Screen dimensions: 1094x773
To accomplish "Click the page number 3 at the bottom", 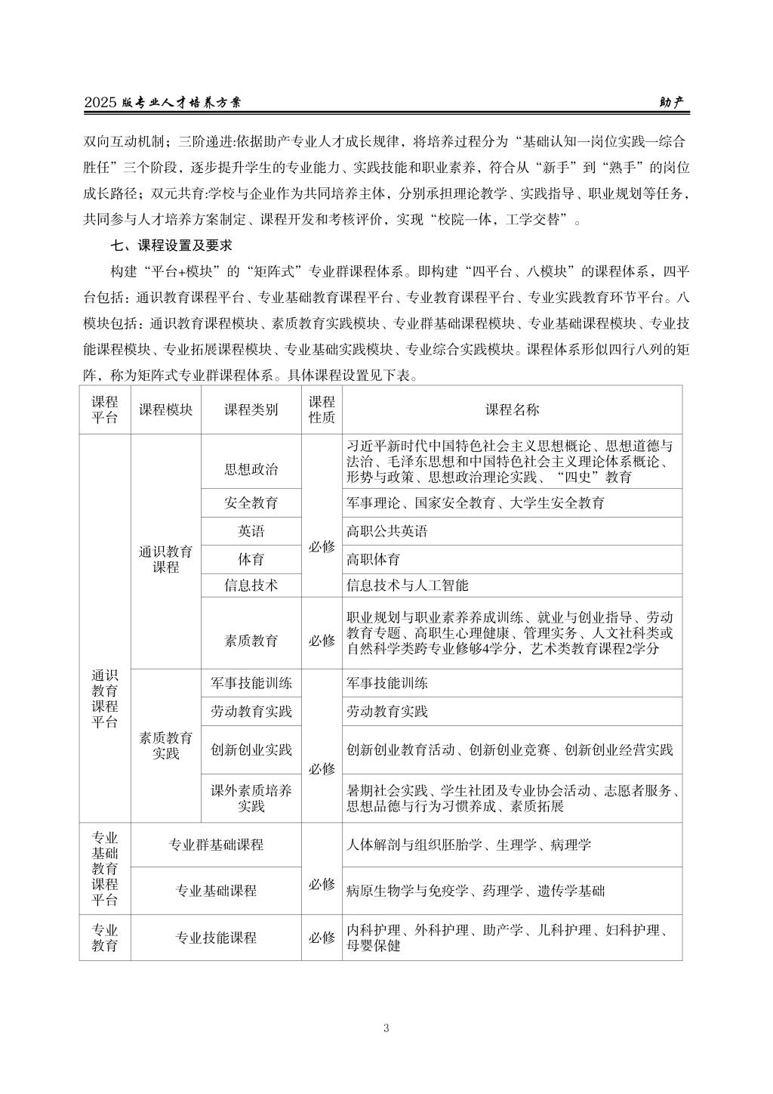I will point(386,1028).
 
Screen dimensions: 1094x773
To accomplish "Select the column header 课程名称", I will point(512,409).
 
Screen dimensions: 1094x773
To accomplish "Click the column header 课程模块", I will point(166,409).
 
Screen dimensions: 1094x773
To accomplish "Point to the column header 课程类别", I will point(251,409).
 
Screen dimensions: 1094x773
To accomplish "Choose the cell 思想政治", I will point(251,469).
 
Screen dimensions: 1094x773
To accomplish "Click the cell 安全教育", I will point(251,502).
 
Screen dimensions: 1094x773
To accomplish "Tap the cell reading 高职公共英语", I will point(386,531).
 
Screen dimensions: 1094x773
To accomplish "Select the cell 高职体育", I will point(373,560).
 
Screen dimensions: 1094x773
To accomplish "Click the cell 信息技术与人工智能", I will point(407,586).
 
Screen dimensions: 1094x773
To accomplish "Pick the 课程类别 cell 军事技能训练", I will point(251,683).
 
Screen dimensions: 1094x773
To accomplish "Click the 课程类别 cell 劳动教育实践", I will point(251,712).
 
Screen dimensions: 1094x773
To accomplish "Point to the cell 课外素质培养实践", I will point(251,799).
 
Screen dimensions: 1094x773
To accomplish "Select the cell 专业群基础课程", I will point(216,845).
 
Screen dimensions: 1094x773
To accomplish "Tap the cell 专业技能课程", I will point(216,938).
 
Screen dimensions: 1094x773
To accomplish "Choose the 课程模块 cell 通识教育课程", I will point(166,559).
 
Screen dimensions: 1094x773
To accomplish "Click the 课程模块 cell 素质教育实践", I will point(166,745).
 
